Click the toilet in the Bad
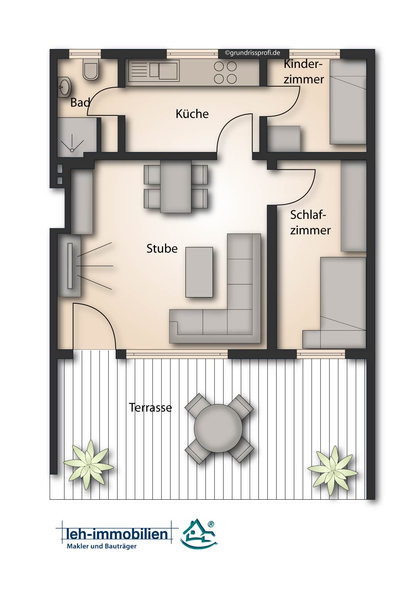[x=91, y=69]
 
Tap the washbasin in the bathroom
[x=64, y=87]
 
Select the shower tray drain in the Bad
[x=72, y=150]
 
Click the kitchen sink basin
[x=168, y=71]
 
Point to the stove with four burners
[x=225, y=73]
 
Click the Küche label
[x=192, y=114]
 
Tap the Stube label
[x=162, y=248]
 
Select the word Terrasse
[x=150, y=408]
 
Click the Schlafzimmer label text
[x=310, y=223]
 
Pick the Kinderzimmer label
[x=303, y=72]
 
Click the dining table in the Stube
[x=176, y=186]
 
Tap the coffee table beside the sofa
[x=199, y=272]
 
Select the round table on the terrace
[x=218, y=428]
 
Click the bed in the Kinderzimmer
[x=348, y=102]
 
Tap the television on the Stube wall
[x=70, y=265]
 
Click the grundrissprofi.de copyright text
[x=253, y=53]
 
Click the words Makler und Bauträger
[x=102, y=547]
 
